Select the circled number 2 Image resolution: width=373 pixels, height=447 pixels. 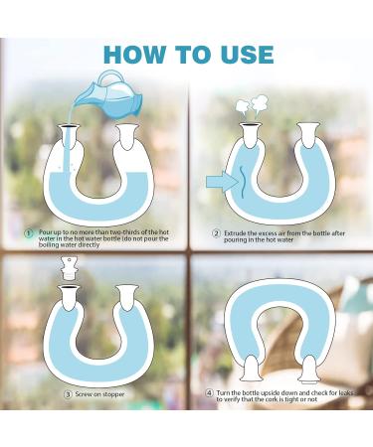[x=215, y=233]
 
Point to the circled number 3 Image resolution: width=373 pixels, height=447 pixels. [x=69, y=393]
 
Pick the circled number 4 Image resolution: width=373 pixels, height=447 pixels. [x=209, y=392]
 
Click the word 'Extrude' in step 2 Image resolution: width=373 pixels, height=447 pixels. [x=237, y=233]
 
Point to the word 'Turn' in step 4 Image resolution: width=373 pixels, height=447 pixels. [x=227, y=392]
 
